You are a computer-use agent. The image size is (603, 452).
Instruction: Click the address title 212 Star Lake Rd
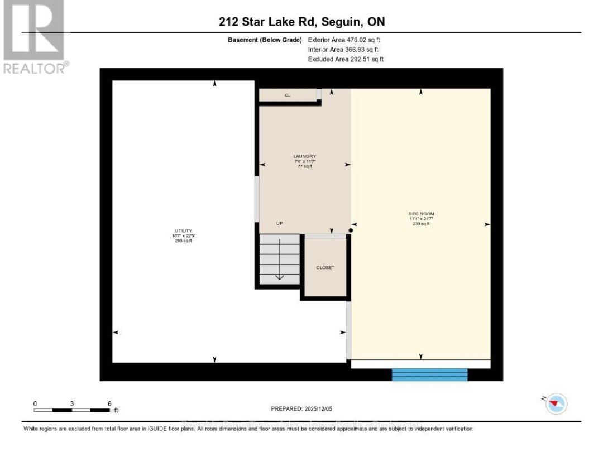click(301, 22)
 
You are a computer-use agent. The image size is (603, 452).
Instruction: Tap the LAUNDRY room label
click(305, 156)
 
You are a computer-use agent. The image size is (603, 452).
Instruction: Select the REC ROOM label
click(421, 214)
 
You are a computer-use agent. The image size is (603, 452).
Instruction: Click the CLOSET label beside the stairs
click(325, 268)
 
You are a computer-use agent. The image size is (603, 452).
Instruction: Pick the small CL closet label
click(288, 95)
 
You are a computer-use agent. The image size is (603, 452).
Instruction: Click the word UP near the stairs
click(280, 223)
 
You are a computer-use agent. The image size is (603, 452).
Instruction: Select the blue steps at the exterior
click(429, 374)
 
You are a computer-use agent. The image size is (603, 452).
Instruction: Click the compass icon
click(556, 403)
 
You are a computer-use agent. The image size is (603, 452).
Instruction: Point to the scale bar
click(71, 410)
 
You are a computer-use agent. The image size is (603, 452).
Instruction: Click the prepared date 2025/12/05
click(301, 409)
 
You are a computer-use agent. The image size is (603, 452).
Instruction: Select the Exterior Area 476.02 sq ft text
click(344, 40)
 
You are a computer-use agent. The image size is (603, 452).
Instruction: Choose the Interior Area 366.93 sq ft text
click(343, 50)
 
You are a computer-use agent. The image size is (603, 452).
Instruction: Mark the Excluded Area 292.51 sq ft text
click(346, 59)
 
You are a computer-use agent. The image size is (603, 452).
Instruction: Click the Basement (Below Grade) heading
click(265, 40)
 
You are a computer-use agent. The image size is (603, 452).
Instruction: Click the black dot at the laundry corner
click(350, 230)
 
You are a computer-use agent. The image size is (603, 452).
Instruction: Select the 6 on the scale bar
click(109, 403)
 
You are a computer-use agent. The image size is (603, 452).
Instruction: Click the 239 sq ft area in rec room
click(421, 224)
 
